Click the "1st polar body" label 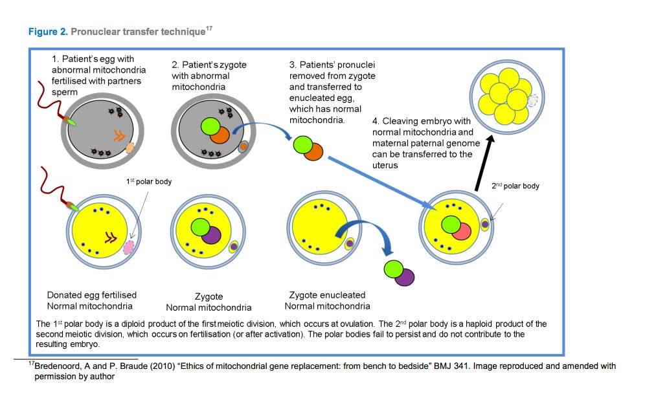[x=148, y=182]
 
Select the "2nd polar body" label [x=514, y=186]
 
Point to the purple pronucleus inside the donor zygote [x=210, y=233]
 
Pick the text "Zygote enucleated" [x=327, y=295]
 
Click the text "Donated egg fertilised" [x=91, y=295]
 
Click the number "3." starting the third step [x=293, y=65]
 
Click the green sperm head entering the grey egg [x=69, y=121]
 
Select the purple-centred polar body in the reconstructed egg [x=484, y=224]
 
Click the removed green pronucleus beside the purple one [x=391, y=269]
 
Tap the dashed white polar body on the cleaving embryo [x=533, y=100]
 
